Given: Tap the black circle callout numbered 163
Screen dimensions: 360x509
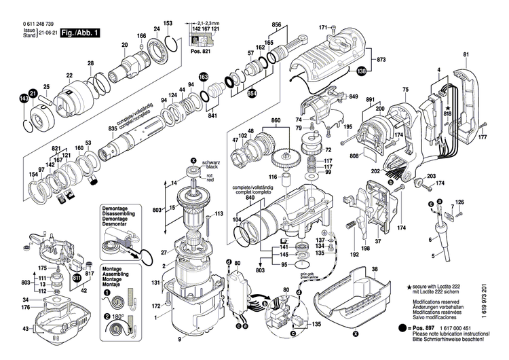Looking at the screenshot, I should pyautogui.click(x=203, y=78).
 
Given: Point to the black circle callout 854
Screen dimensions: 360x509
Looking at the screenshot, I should pyautogui.click(x=233, y=92).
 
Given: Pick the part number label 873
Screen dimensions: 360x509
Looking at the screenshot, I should pyautogui.click(x=381, y=60).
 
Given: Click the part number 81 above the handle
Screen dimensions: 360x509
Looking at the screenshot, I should pyautogui.click(x=466, y=54).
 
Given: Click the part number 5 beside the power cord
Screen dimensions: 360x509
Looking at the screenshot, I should pyautogui.click(x=433, y=255).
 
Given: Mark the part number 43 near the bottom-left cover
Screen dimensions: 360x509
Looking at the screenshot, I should pyautogui.click(x=26, y=329).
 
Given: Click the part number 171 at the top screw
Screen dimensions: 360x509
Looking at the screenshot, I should pyautogui.click(x=323, y=28).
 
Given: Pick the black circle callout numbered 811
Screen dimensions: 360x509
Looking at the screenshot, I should pyautogui.click(x=76, y=278).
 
